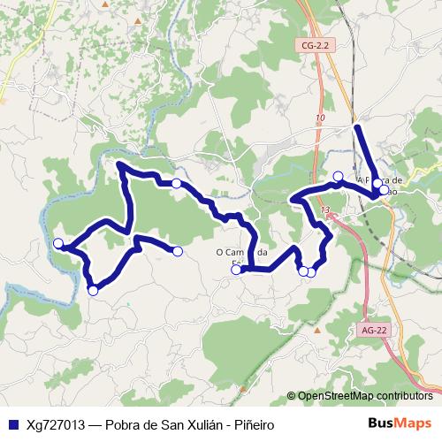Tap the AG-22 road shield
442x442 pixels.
375,330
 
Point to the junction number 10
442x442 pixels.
319,118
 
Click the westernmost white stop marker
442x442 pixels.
58,243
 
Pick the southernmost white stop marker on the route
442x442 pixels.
93,290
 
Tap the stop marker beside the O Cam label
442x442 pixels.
236,270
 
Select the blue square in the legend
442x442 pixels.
12,424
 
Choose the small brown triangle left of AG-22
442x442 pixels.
317,330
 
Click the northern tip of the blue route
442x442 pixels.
356,128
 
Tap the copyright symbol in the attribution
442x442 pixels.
292,396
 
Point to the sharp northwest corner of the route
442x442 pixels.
118,164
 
